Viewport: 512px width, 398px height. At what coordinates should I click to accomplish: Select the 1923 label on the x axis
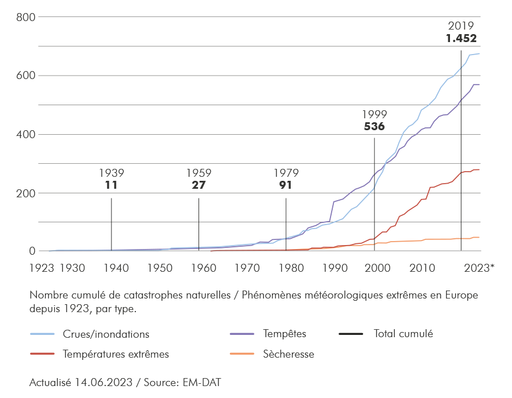point(42,267)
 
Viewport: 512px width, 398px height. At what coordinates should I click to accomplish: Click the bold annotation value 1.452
point(461,39)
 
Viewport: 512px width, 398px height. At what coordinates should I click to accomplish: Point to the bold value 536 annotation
point(374,127)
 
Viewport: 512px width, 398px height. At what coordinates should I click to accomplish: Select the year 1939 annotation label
point(112,172)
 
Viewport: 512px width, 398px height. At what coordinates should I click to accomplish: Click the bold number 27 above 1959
point(199,185)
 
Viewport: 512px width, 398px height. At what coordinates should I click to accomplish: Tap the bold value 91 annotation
point(286,185)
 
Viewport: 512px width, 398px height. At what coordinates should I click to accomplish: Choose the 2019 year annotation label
point(461,26)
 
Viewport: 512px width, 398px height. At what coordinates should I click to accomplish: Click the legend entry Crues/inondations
point(106,334)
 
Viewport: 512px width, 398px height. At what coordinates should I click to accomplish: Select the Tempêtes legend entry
point(285,334)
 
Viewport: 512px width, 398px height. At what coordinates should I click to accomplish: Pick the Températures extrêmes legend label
point(116,354)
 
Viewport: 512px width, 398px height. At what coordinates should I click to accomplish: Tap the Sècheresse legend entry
point(288,354)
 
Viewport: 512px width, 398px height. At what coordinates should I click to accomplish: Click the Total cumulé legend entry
point(403,334)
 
